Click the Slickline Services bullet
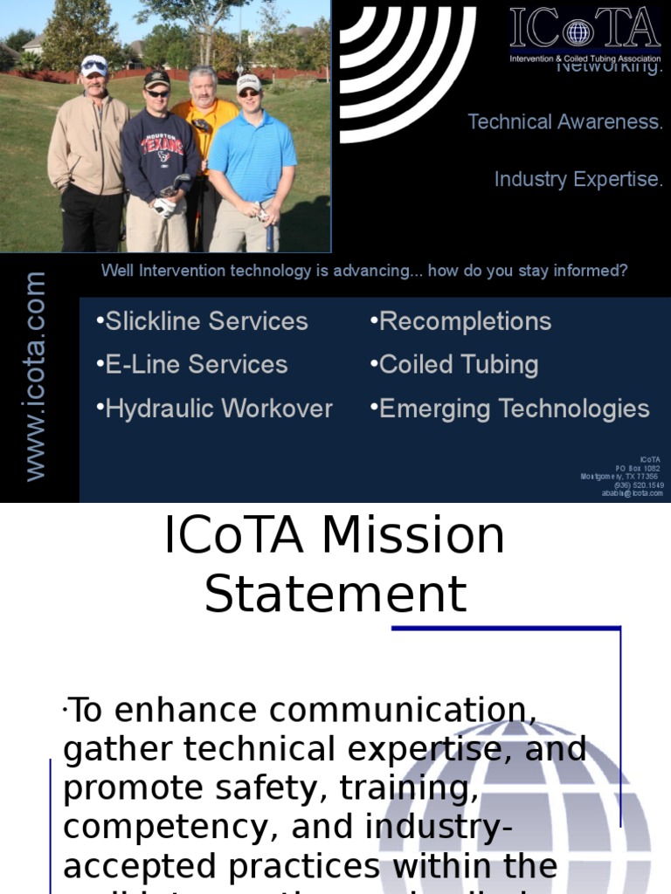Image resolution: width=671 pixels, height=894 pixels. (203, 321)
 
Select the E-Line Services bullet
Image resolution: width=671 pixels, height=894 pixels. (192, 364)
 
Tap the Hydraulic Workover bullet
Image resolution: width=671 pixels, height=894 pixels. (215, 408)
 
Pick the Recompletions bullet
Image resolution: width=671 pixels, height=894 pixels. (461, 321)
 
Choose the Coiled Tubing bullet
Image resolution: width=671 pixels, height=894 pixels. (454, 364)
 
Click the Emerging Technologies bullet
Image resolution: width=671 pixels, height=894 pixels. (510, 408)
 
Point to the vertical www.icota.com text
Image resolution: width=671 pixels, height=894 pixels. (35, 375)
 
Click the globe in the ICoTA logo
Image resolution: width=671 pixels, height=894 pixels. (578, 33)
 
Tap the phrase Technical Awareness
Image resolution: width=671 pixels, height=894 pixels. (565, 122)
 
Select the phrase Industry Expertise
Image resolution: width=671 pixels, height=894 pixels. (578, 179)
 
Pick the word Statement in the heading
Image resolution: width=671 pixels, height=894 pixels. (335, 595)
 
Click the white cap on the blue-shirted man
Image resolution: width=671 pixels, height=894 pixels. (248, 82)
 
